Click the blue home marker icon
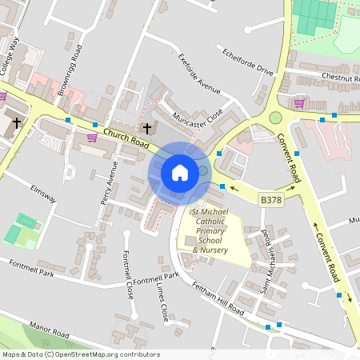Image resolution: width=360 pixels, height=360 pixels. click(x=180, y=173)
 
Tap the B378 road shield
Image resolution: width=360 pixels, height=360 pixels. click(x=271, y=198)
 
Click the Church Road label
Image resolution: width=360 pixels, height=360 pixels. click(x=126, y=140)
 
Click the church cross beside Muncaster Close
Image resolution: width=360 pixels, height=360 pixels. click(x=146, y=128)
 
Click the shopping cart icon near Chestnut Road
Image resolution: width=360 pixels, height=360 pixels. click(x=298, y=103)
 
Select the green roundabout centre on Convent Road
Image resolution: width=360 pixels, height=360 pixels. click(x=275, y=118)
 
